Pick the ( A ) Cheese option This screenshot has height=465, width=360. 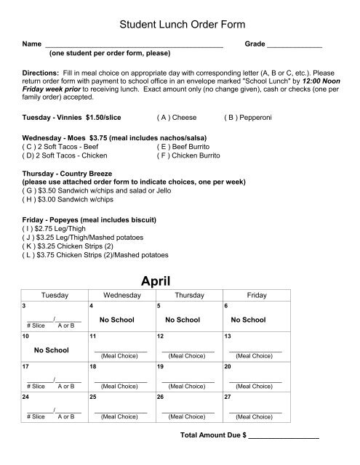(x=177, y=116)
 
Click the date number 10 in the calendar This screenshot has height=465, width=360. (x=25, y=337)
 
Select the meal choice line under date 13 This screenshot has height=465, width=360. (x=255, y=350)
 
